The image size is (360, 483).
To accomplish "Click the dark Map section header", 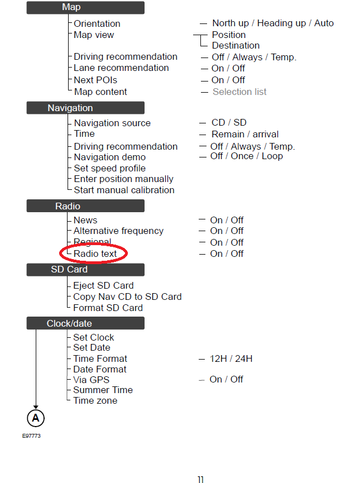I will tap(85, 8).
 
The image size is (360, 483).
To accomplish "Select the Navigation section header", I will tap(85, 108).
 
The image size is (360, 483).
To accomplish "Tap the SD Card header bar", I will tap(85, 270).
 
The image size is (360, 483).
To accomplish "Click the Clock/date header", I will tap(85, 323).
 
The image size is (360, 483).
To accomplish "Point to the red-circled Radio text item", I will tap(95, 254).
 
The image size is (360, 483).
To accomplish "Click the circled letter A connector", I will tap(36, 418).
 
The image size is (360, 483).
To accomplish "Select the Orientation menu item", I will tap(97, 23).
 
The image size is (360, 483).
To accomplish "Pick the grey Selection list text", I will tap(239, 92).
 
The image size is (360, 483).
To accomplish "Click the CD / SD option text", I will tap(229, 123).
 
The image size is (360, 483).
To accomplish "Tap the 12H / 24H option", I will tap(231, 358).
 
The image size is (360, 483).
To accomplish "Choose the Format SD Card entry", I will tap(108, 308).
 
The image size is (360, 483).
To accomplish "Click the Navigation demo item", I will tap(110, 157).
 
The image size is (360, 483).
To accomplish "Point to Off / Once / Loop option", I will tap(246, 156).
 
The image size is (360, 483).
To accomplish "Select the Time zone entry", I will tap(95, 400).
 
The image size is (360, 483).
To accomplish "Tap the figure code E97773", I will tap(31, 436).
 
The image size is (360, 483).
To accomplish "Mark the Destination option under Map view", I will tap(236, 45).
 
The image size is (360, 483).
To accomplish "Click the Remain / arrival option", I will tap(245, 134).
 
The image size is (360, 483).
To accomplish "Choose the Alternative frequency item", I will tap(118, 231).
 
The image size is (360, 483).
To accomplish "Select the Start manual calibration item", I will tap(124, 190).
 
